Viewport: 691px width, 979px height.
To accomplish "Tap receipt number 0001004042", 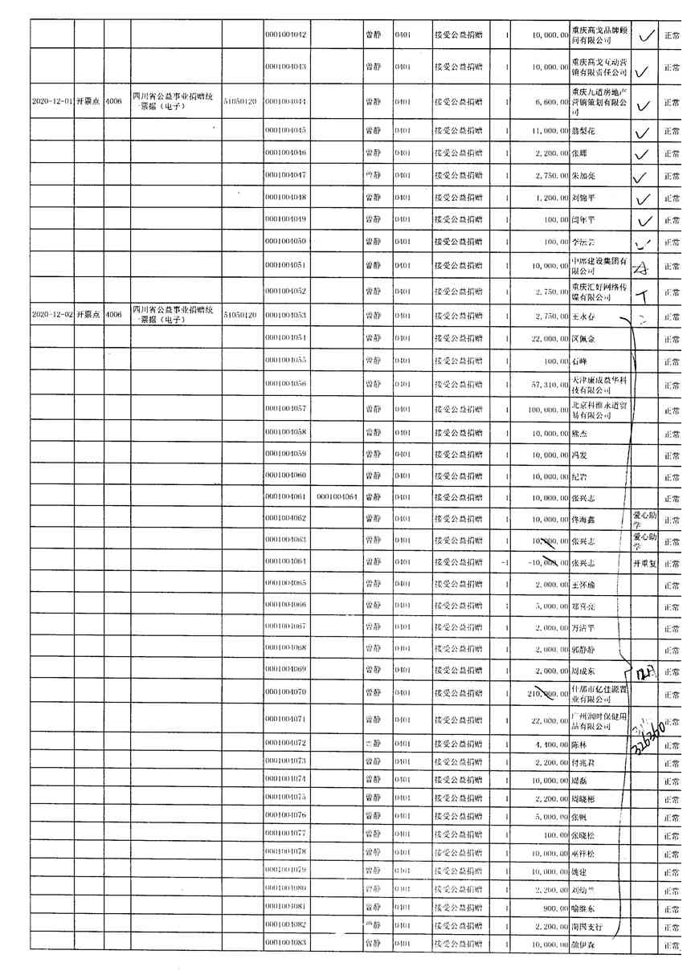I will (287, 35).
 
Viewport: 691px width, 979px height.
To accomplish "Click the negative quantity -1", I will (503, 563).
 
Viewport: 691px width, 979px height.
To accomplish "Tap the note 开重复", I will (644, 563).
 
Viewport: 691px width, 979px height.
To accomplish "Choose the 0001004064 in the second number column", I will (337, 497).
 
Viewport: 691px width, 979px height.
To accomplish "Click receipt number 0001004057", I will (287, 410).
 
